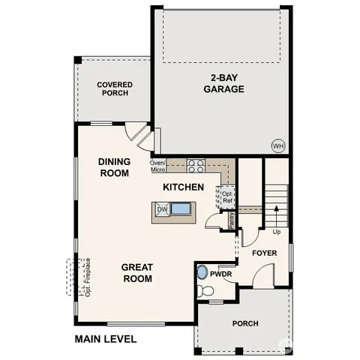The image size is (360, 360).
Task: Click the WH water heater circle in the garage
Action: click(277, 145)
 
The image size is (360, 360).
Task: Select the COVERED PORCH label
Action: click(114, 89)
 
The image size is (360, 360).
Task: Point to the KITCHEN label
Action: click(183, 186)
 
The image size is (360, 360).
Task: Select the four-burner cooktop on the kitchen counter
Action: click(196, 164)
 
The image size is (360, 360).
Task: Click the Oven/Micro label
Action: click(157, 166)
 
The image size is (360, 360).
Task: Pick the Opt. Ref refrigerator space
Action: click(225, 197)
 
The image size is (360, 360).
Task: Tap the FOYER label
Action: click(264, 253)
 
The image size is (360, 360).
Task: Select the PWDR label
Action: click(220, 274)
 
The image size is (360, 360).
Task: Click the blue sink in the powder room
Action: click(202, 271)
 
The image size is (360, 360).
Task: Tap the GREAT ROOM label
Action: click(138, 273)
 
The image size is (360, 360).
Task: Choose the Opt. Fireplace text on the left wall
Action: click(88, 277)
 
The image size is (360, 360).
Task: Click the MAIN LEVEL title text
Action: click(105, 339)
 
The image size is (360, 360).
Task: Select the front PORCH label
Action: click(245, 323)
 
